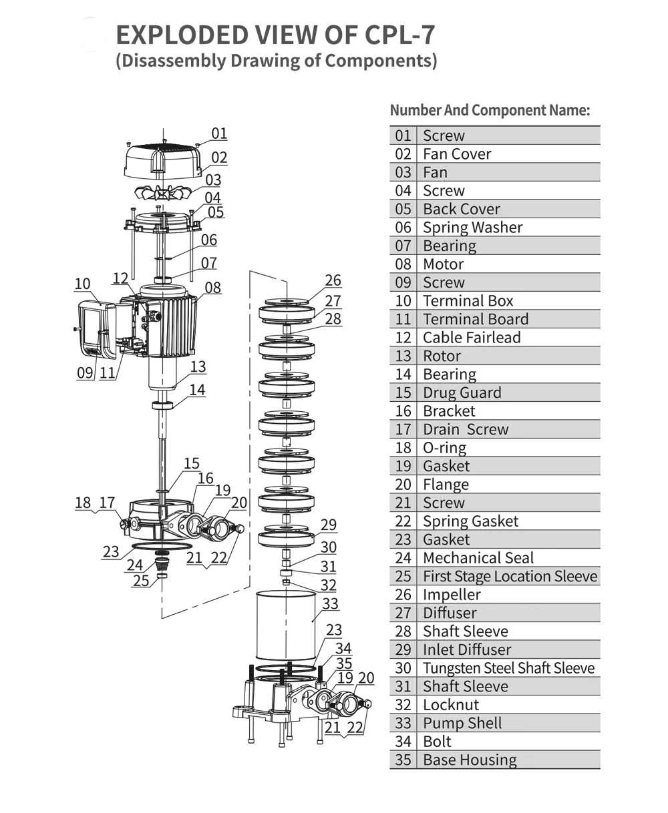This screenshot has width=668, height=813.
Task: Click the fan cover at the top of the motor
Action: (163, 160)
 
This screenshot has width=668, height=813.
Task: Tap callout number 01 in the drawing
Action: (219, 133)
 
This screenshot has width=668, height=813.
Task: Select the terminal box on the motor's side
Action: (98, 328)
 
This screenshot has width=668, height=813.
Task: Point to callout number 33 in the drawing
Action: (330, 604)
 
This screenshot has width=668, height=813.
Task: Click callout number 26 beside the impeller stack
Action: (333, 280)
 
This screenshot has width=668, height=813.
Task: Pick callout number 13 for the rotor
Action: (198, 366)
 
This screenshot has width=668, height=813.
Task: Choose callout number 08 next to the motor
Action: (212, 288)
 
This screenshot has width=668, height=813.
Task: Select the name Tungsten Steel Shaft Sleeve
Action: (508, 668)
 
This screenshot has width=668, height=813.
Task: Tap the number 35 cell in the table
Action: (403, 760)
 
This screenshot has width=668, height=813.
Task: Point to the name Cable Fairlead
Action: (472, 338)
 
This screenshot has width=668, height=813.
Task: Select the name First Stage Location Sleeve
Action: (510, 576)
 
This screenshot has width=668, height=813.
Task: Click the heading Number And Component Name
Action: (490, 110)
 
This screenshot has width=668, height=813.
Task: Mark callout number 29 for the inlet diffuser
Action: (328, 525)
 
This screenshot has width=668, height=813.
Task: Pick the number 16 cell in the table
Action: (403, 411)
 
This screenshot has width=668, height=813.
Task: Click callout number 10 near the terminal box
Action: (82, 284)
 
